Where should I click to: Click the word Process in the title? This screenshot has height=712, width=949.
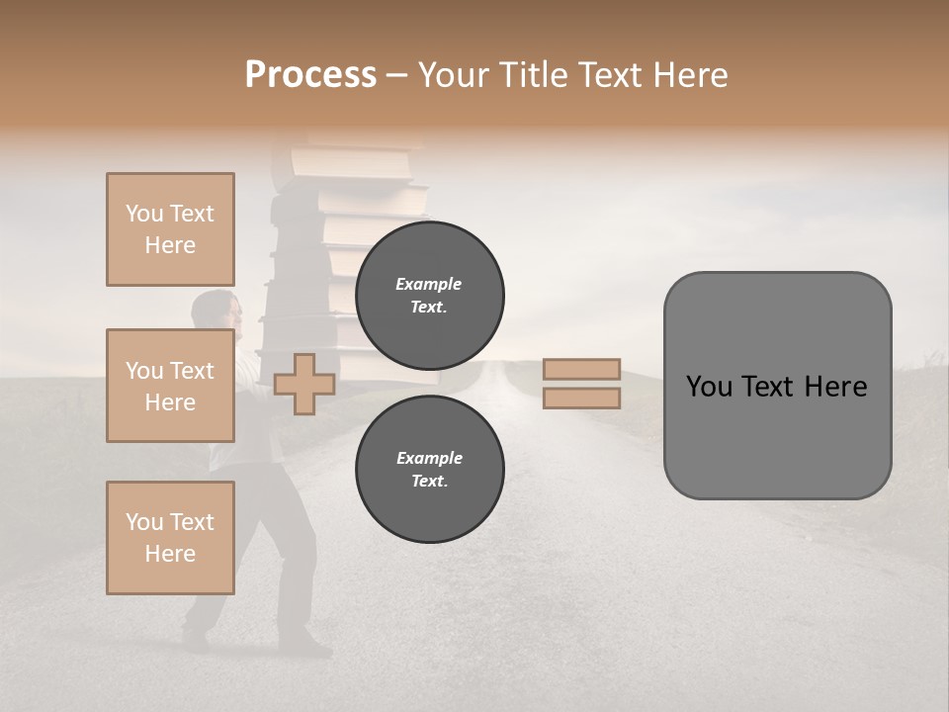click(310, 75)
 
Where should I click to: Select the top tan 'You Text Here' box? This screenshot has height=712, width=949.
click(170, 229)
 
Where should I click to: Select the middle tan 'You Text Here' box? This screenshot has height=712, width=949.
click(170, 386)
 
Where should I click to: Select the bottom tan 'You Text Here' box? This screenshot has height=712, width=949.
click(170, 538)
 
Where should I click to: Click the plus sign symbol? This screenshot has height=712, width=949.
click(303, 384)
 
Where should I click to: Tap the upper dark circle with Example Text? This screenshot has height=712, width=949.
click(429, 296)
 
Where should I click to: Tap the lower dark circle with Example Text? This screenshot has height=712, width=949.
click(429, 470)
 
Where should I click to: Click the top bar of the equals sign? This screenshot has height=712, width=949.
click(581, 369)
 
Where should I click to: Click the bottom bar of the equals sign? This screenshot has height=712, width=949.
click(581, 399)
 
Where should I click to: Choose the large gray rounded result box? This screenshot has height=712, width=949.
click(777, 386)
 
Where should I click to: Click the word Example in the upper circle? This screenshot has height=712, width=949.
click(429, 284)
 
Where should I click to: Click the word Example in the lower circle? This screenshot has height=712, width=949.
click(429, 458)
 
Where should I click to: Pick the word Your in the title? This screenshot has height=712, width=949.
click(452, 75)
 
